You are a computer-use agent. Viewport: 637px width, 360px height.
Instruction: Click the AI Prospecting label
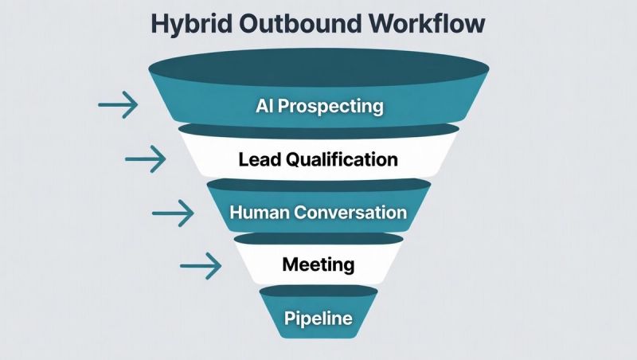pyautogui.click(x=319, y=106)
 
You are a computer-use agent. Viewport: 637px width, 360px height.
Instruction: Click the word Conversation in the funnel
pyautogui.click(x=351, y=213)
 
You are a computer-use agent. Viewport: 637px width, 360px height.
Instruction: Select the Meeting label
pyautogui.click(x=318, y=263)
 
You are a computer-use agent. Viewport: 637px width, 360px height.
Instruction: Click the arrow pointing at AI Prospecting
pyautogui.click(x=118, y=104)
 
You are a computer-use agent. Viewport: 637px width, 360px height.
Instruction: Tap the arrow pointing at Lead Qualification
pyautogui.click(x=146, y=158)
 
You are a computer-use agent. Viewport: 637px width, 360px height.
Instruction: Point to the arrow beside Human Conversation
pyautogui.click(x=173, y=212)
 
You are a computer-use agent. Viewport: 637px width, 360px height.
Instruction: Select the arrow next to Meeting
pyautogui.click(x=201, y=265)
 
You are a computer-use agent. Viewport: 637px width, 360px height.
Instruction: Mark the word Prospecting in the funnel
pyautogui.click(x=331, y=106)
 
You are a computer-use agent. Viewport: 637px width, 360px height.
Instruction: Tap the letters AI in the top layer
pyautogui.click(x=265, y=106)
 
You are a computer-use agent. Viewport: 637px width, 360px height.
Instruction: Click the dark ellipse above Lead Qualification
pyautogui.click(x=318, y=129)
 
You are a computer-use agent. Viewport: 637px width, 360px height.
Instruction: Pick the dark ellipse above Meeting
pyautogui.click(x=318, y=238)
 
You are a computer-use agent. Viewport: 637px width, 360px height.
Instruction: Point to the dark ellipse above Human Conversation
pyautogui.click(x=318, y=184)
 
